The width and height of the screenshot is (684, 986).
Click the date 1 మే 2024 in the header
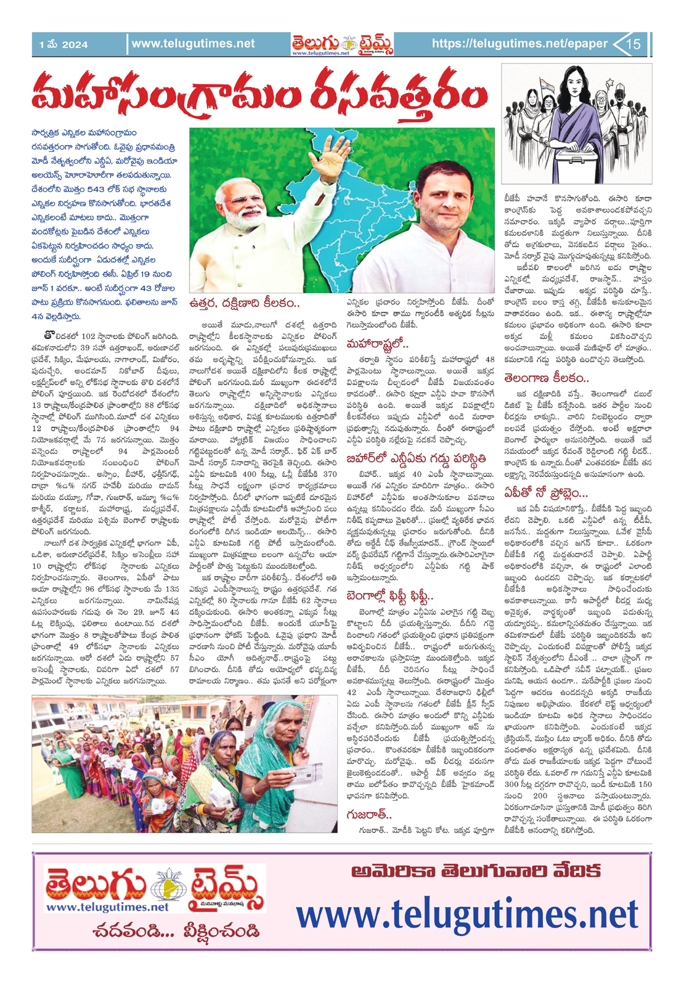[63, 44]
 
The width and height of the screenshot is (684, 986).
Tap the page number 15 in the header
[633, 44]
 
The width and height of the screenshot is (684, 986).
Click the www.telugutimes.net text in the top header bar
[193, 44]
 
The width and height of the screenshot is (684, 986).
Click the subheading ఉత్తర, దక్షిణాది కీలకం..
[245, 303]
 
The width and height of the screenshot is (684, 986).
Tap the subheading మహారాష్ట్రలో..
[378, 343]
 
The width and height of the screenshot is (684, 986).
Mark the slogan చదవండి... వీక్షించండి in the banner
[176, 931]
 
